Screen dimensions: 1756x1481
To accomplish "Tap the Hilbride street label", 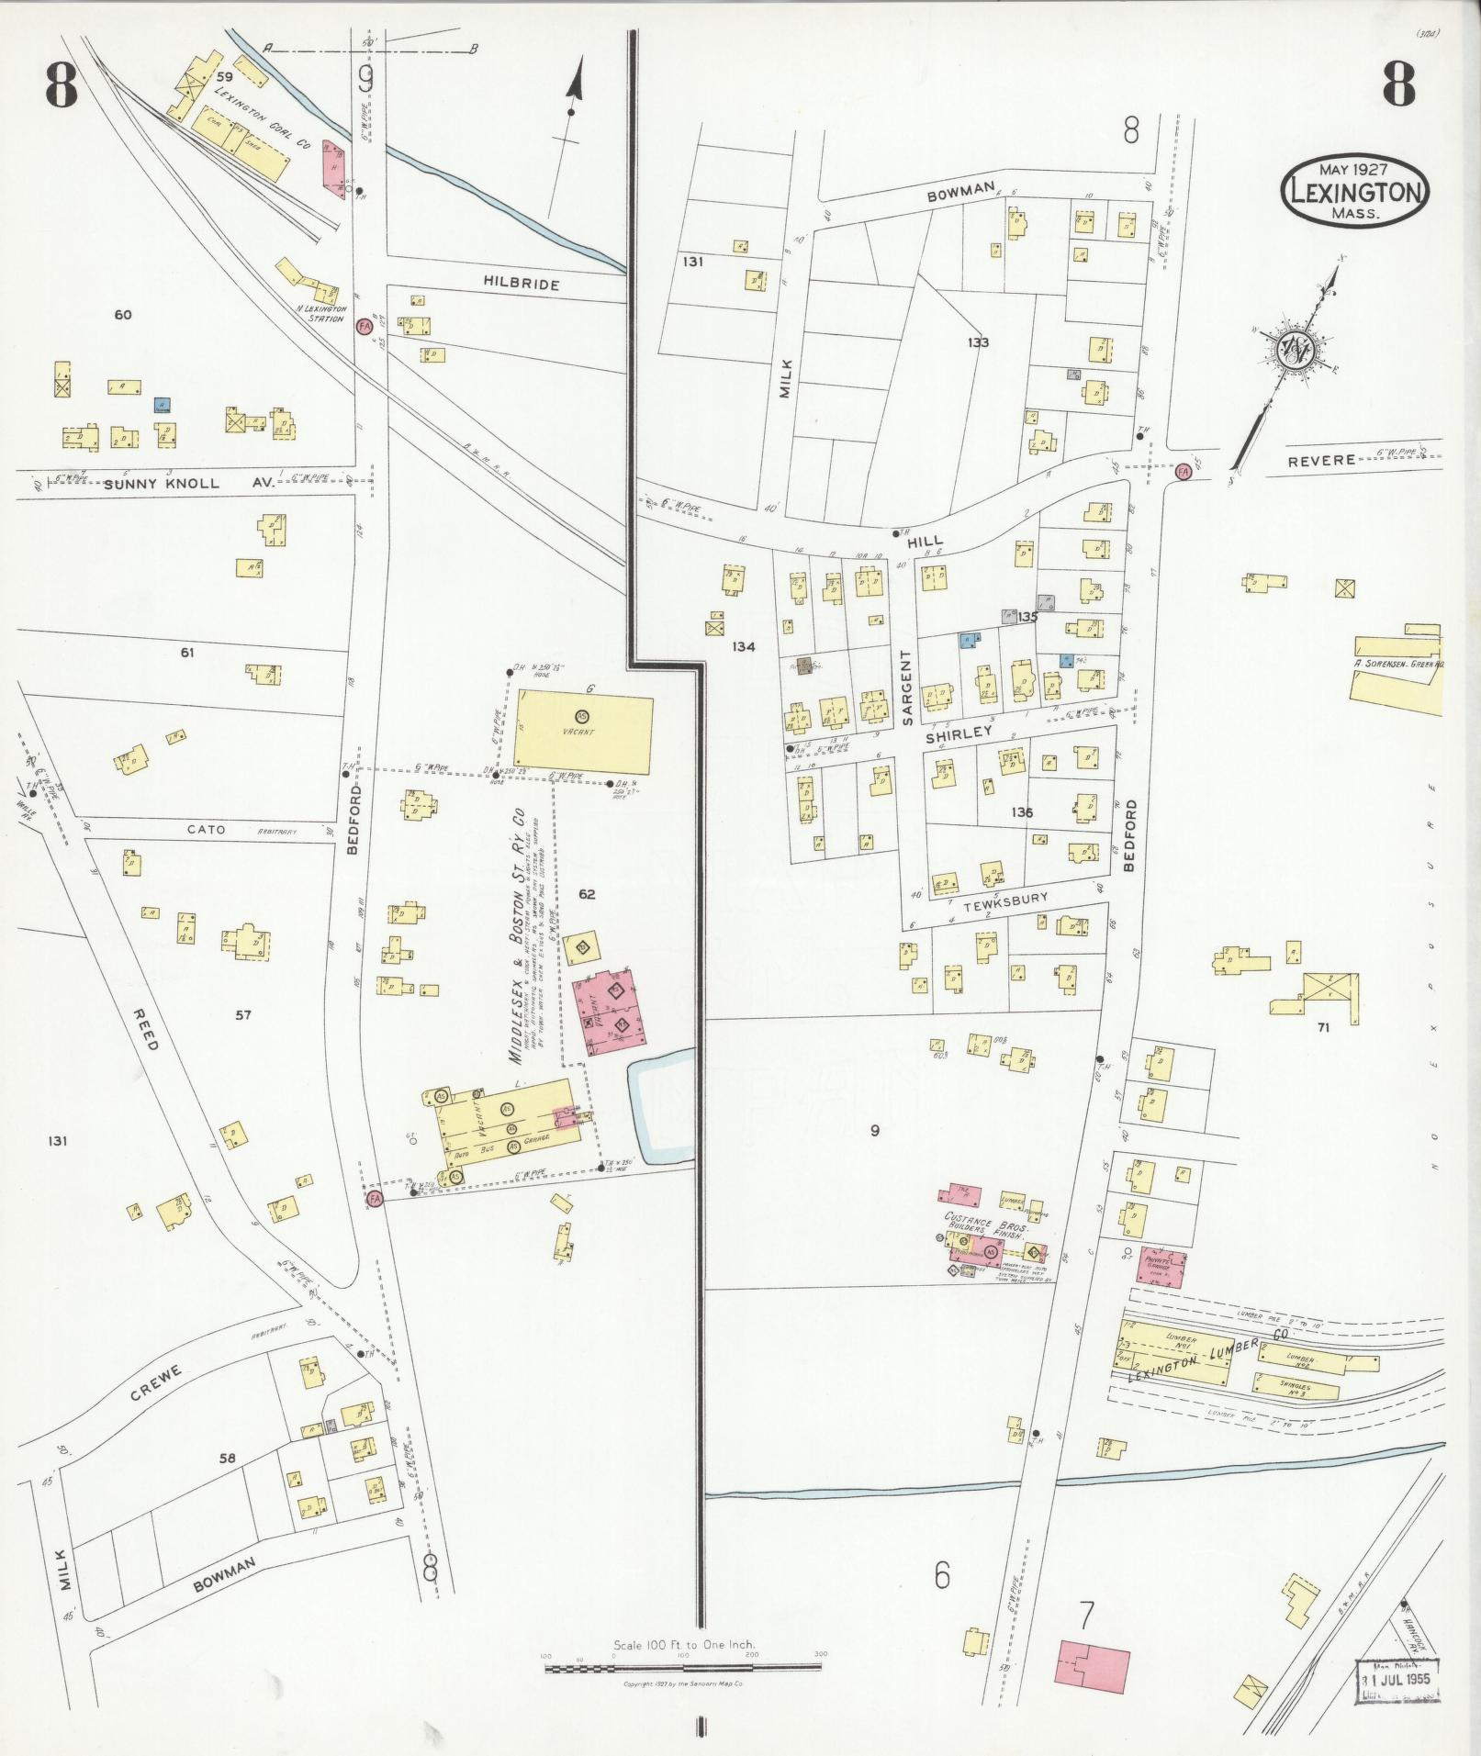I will coord(521,284).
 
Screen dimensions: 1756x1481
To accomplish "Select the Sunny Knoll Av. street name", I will coord(189,483).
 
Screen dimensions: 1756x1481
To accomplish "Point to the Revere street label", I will coord(1320,459).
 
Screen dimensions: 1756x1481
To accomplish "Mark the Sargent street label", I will coord(907,688).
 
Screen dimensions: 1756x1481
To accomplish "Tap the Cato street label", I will coord(206,829).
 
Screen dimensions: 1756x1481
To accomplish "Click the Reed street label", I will coord(146,1029).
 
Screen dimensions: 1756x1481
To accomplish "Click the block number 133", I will coord(978,342).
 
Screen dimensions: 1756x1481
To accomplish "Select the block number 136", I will coord(1022,812).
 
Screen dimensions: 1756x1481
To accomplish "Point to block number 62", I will coord(587,893).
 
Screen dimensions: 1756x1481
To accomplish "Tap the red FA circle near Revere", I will coord(1183,471).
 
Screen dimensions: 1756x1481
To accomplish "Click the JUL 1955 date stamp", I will coord(1397,1679).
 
